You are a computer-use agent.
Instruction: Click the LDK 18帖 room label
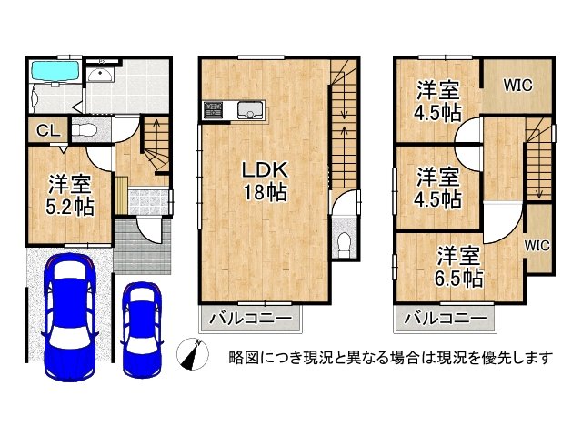pos(265,180)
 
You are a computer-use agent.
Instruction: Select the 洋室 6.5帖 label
pos(458,267)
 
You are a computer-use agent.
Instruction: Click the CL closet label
pos(45,130)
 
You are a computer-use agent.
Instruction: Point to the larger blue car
pos(70,314)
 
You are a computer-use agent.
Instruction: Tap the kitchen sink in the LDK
pos(248,111)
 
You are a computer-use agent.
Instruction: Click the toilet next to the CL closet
pos(85,129)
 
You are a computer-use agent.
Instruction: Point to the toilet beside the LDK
pos(345,242)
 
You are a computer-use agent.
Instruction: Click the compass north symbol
pos(192,354)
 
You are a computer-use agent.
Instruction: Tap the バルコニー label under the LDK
pos(251,319)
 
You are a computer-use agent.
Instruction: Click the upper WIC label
pos(517,85)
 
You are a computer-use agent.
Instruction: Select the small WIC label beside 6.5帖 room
pos(537,244)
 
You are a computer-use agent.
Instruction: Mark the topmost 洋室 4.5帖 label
pos(438,100)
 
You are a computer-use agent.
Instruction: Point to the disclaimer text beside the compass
pos(390,357)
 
